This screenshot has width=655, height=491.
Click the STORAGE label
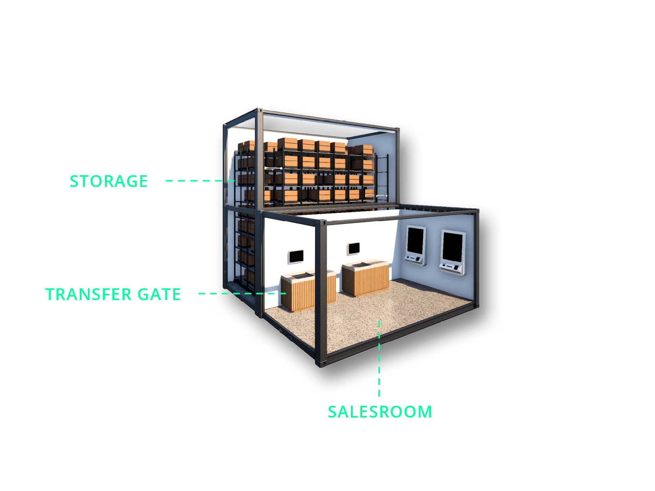coord(108,181)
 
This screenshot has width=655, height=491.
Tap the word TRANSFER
coord(88,294)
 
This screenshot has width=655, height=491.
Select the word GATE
coord(159,294)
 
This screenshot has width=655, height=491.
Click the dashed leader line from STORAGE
coord(200,181)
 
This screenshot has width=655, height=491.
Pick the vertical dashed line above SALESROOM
coord(379,358)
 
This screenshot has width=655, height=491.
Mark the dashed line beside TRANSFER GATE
coord(242,293)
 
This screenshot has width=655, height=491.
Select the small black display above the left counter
coord(296,256)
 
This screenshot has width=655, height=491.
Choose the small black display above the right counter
coord(354,248)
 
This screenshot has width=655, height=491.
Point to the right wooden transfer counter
coord(365,277)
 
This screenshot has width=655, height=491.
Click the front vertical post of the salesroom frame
coord(321,292)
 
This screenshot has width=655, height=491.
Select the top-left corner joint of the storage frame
coord(259,110)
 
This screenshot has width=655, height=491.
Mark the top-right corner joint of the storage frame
coord(398,129)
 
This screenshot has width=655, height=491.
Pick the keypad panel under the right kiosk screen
coord(452,267)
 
